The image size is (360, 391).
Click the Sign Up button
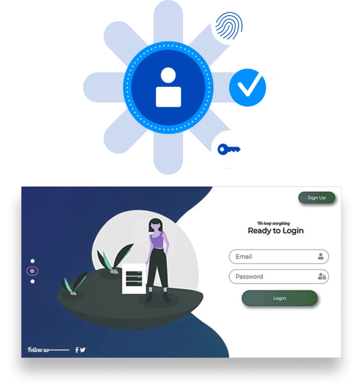point(316,198)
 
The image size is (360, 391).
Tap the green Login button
point(279,298)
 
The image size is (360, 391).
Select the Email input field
point(279,256)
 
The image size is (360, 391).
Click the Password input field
point(279,276)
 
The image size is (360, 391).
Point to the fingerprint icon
point(229,26)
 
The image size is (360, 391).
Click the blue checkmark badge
point(247,87)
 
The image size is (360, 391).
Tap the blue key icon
point(229,149)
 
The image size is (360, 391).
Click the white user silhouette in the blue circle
point(168,87)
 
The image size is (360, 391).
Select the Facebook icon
point(77,350)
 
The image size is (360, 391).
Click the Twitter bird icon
point(83,350)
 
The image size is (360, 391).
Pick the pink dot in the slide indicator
point(32,271)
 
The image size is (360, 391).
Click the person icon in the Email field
point(321,256)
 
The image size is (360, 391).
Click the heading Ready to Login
point(276,231)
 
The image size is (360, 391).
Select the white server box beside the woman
point(134,278)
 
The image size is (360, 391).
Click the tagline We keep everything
point(273,223)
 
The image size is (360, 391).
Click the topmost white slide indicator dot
point(32,261)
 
